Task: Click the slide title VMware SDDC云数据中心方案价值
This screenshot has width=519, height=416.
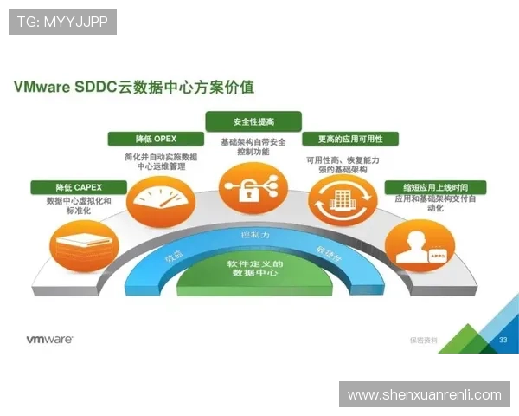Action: click(133, 88)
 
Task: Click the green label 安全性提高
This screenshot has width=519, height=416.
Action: click(253, 120)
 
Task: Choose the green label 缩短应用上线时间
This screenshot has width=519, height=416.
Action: click(435, 186)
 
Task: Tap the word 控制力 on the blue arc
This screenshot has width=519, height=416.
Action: click(255, 235)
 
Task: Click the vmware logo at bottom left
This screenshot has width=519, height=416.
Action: click(48, 341)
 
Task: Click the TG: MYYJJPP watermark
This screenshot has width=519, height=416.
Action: click(62, 22)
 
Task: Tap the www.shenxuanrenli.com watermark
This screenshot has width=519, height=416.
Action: click(424, 395)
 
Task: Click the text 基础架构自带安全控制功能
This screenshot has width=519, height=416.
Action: click(252, 146)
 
